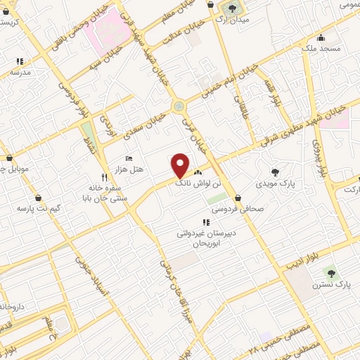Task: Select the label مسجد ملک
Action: click(322, 49)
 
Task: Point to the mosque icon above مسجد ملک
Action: click(321, 37)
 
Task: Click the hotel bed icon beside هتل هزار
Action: click(128, 158)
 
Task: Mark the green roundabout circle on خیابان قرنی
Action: click(179, 106)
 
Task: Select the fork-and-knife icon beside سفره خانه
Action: click(104, 177)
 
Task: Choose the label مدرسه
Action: click(20, 72)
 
